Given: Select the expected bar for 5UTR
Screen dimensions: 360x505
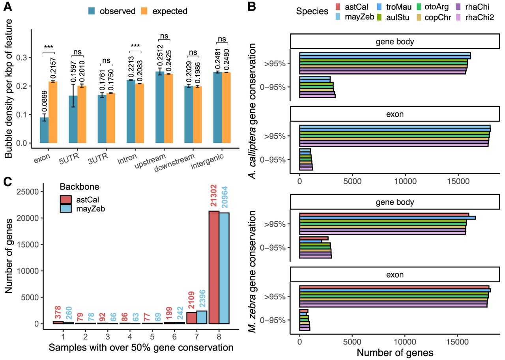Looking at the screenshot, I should [82, 114].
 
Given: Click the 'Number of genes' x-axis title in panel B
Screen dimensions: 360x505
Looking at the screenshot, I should [396, 351].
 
